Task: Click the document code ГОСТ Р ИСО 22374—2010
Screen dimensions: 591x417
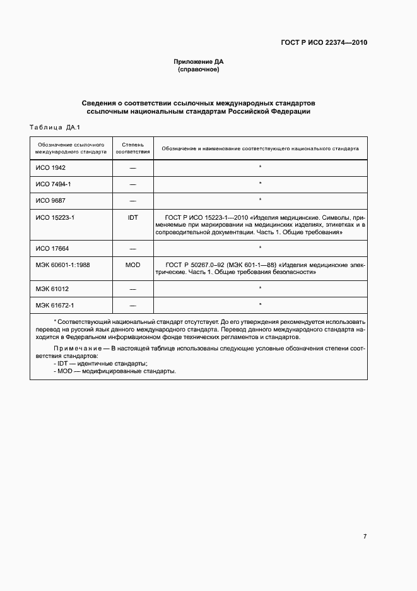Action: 324,43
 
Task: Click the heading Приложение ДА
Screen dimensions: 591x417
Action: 199,62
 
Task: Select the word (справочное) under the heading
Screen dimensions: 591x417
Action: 199,69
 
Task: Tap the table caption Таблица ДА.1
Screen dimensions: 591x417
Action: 53,128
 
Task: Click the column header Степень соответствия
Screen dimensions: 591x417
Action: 132,148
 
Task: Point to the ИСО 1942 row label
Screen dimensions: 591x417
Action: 51,168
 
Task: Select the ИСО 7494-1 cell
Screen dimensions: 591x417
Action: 54,184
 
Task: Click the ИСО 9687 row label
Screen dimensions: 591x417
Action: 51,200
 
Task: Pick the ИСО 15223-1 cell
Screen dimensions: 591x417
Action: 56,216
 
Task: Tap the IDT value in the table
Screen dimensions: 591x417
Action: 132,216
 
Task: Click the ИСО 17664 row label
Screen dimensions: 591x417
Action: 53,248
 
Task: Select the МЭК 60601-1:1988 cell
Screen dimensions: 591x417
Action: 63,265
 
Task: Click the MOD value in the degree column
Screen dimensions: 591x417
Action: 132,265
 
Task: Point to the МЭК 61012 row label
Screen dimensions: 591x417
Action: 53,289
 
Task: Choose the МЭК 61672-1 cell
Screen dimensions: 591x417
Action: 56,305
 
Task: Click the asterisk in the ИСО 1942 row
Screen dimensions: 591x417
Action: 260,168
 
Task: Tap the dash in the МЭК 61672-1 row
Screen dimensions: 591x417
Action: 132,306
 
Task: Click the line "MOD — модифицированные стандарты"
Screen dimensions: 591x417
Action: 115,371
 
